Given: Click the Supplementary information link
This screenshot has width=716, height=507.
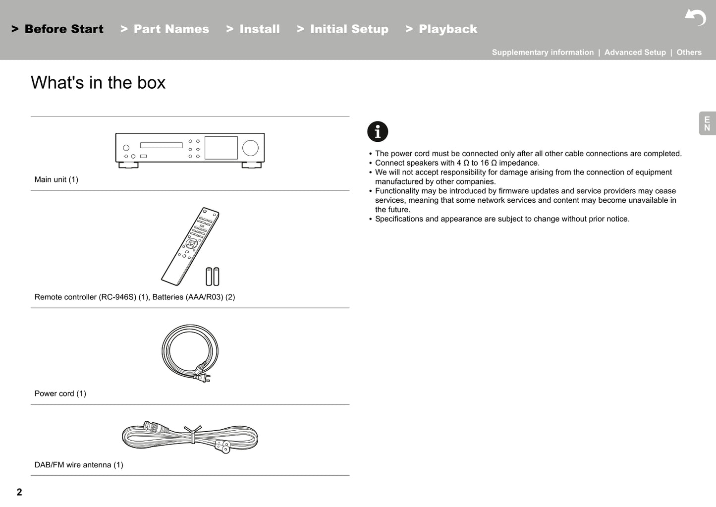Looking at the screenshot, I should point(543,53).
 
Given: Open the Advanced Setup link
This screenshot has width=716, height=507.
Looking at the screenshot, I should point(635,53).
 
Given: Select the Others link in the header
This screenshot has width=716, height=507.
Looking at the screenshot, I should point(689,53).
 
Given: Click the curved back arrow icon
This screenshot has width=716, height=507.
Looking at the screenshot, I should point(696,17).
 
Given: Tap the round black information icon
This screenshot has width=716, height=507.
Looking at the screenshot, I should point(378,132).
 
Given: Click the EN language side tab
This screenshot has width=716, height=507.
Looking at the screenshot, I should point(707,123).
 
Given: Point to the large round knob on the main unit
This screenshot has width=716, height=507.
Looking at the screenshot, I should point(250,148).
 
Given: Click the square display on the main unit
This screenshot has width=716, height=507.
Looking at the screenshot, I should point(221,148).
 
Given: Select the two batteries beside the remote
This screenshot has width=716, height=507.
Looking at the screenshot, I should point(213,276).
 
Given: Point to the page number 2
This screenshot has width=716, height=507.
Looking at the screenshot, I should point(19,492).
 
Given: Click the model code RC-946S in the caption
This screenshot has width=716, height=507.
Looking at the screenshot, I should point(117,297).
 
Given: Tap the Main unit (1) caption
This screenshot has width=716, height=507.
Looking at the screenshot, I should point(56,180).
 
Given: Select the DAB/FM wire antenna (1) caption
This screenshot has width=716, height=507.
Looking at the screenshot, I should point(79,465).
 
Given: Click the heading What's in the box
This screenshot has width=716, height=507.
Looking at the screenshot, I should point(98,83).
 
